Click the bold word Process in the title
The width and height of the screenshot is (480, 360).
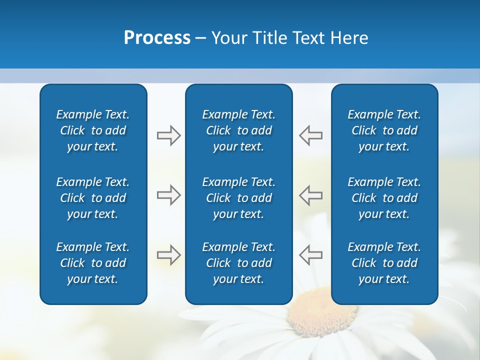tap(157, 38)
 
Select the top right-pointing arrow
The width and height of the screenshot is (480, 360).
tap(168, 135)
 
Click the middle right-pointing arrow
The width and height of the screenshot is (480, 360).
tap(168, 195)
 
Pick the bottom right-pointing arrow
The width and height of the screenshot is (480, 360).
tap(168, 255)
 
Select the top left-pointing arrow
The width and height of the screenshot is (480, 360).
tap(310, 135)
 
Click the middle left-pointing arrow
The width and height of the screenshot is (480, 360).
tap(310, 195)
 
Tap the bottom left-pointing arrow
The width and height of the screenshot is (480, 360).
tap(310, 255)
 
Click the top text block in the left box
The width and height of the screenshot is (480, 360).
tap(93, 130)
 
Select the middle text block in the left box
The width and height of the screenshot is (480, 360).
tap(93, 198)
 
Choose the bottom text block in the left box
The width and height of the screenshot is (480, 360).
tap(93, 263)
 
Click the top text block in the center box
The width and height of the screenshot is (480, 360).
tap(238, 130)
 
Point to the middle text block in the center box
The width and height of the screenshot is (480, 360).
tap(238, 198)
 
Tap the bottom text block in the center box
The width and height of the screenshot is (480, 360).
tap(238, 263)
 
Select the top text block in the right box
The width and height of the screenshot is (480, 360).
tap(384, 130)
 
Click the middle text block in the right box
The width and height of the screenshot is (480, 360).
tap(384, 198)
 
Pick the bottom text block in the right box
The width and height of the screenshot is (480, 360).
tap(384, 263)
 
